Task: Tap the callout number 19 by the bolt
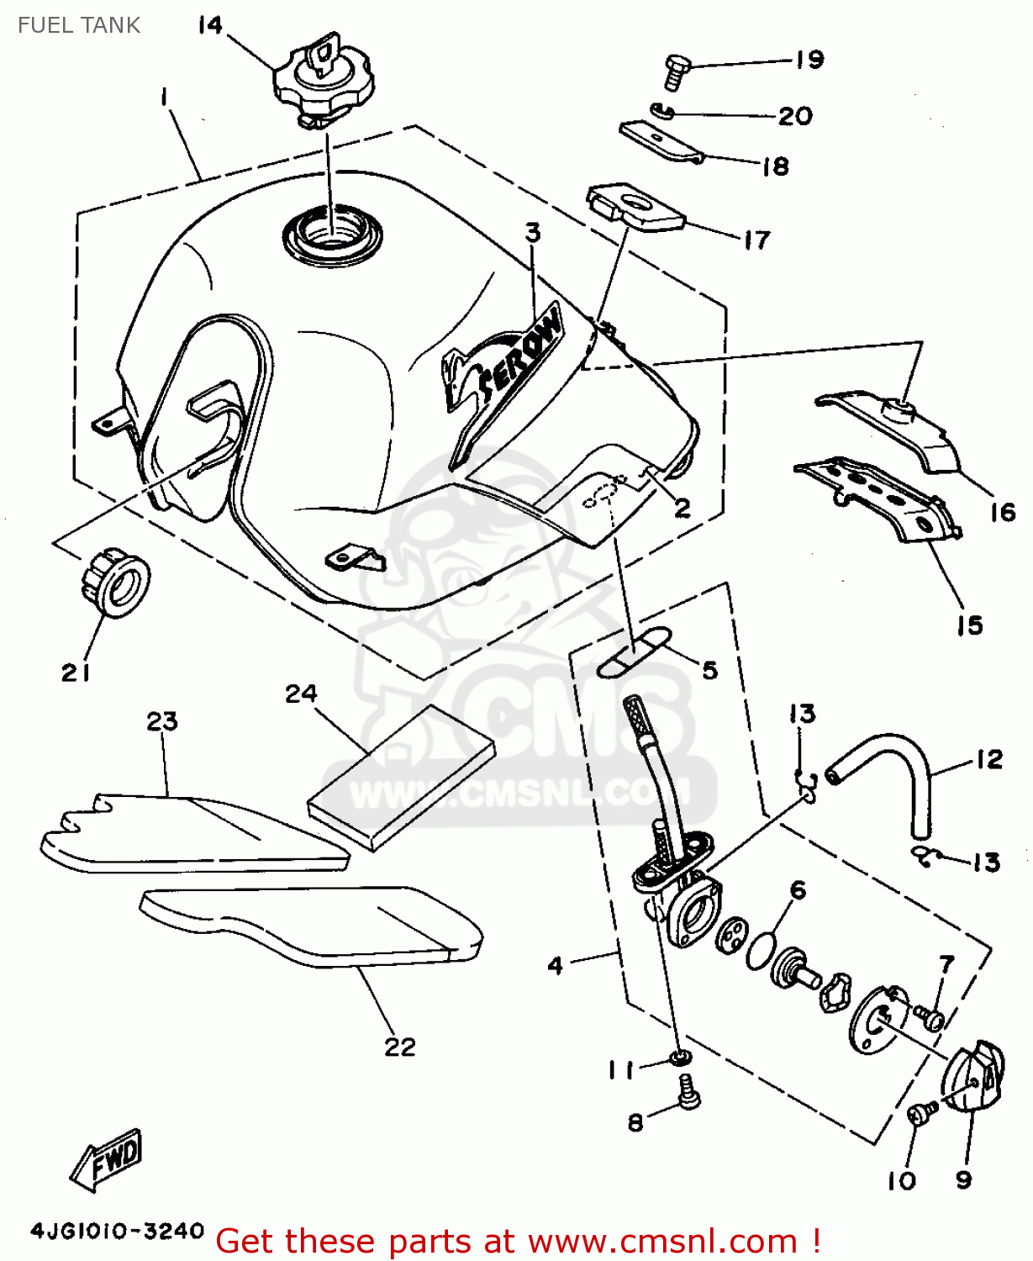coord(809,60)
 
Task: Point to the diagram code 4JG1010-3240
coord(117,1232)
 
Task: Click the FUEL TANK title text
coord(79,25)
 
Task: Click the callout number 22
coord(400,1047)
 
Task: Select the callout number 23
coord(162,721)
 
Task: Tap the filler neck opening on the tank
coord(331,232)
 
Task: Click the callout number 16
coord(1002,512)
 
